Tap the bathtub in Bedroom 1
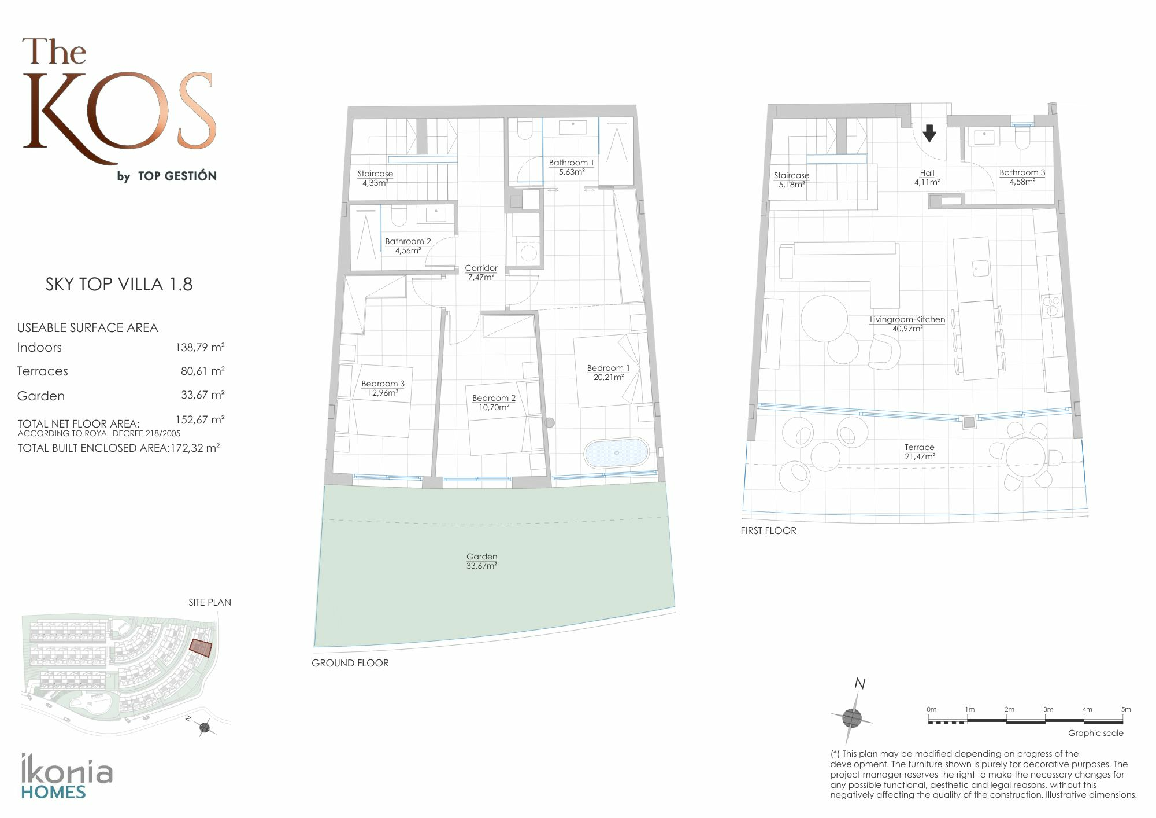[x=616, y=452]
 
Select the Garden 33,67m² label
[x=481, y=561]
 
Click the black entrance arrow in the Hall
[x=929, y=134]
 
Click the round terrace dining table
[x=1025, y=457]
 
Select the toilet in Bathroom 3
[x=1022, y=137]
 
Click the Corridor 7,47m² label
[x=481, y=272]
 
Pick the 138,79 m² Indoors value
[x=200, y=348]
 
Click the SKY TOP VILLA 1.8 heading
[x=119, y=284]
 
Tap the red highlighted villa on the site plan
[x=201, y=648]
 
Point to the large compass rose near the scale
[x=852, y=718]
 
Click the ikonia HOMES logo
[x=66, y=776]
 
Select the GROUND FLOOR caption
[x=350, y=663]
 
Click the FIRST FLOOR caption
[x=768, y=530]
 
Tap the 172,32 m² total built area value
[x=195, y=448]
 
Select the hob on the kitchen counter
[x=1051, y=305]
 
